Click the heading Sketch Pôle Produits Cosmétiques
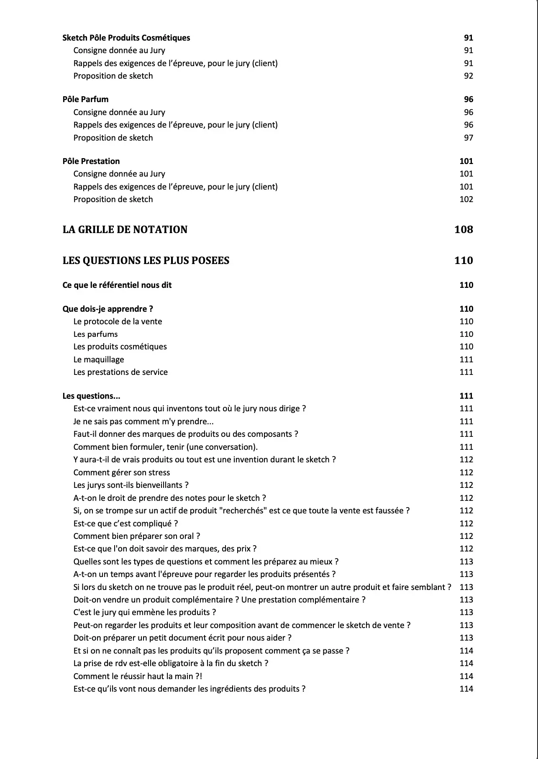[x=126, y=38]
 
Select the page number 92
[x=468, y=76]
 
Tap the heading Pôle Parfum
[x=85, y=99]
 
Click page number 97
[x=468, y=138]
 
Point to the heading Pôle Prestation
[x=91, y=161]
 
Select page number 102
[x=466, y=199]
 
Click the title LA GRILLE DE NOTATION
[x=125, y=229]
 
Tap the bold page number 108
[x=464, y=229]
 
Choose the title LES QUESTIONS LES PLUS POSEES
[x=146, y=260]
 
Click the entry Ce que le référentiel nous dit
[x=117, y=285]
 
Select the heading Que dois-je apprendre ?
[x=108, y=309]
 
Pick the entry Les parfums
[x=95, y=334]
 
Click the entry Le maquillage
[x=98, y=359]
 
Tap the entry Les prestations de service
[x=120, y=372]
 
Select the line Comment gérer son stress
[x=121, y=472]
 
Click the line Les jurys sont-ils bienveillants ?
[x=131, y=485]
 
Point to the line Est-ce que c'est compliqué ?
[x=126, y=523]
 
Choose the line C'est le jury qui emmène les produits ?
[x=144, y=612]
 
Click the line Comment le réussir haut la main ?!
[x=138, y=676]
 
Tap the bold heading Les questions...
[x=91, y=396]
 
